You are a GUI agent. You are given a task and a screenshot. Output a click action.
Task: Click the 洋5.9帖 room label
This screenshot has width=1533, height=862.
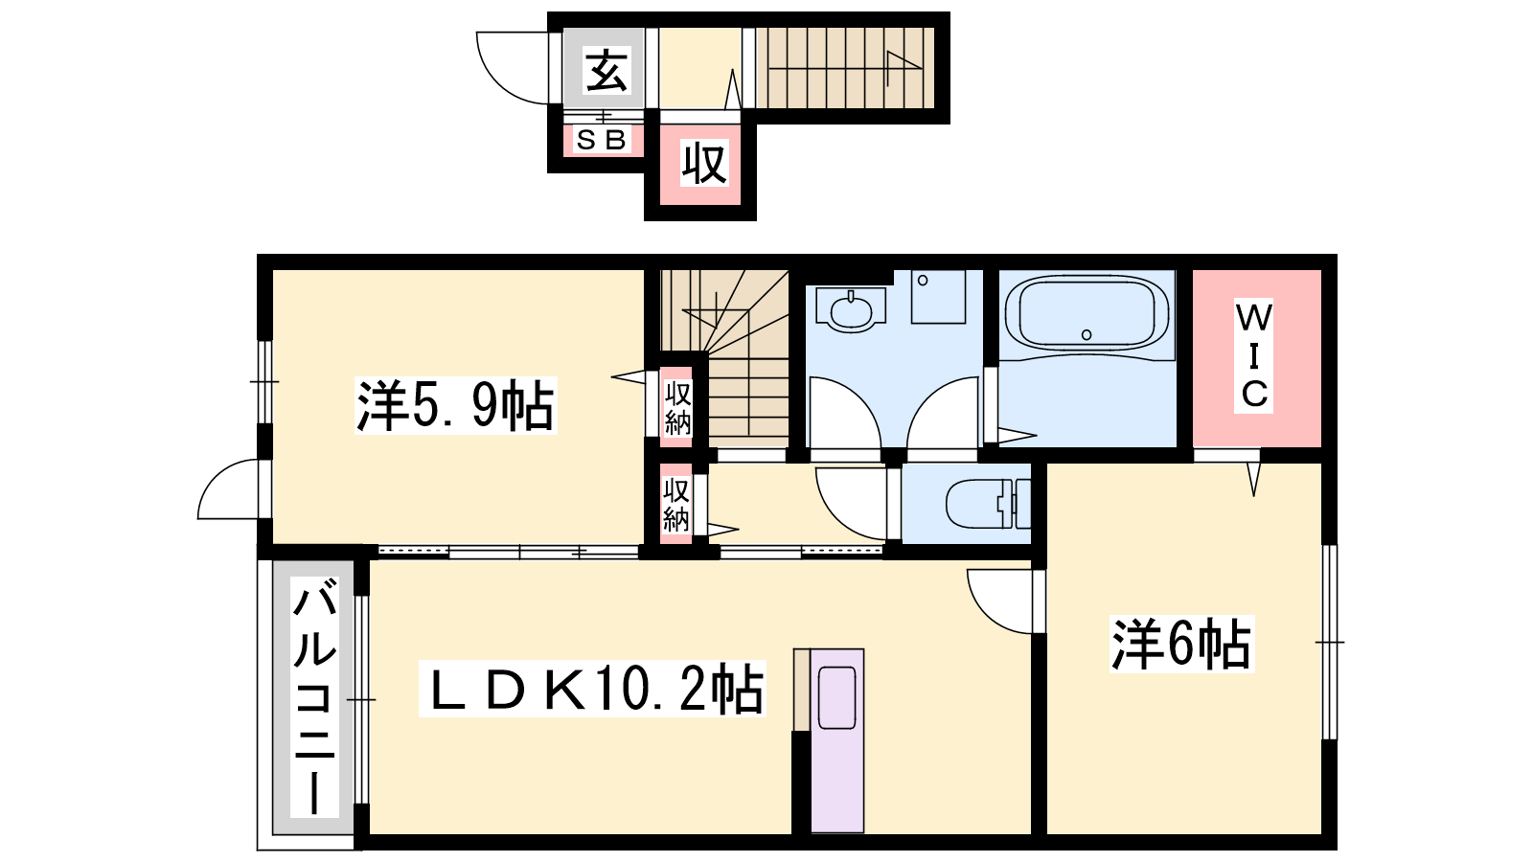click(x=455, y=405)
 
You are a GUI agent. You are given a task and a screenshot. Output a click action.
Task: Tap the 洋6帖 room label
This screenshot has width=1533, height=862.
click(x=1181, y=643)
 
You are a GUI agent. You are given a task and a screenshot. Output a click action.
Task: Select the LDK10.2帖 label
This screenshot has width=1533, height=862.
click(x=591, y=689)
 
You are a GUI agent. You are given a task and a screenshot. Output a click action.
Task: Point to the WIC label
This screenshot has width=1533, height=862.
click(x=1253, y=355)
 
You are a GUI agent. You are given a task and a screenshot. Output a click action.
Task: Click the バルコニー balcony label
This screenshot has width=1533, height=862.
click(x=314, y=696)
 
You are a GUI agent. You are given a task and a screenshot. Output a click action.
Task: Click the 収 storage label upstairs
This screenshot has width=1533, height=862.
click(x=703, y=163)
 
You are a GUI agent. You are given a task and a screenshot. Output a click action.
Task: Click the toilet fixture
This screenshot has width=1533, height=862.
click(x=988, y=504)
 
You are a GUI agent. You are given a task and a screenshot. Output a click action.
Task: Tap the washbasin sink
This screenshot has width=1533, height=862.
click(x=851, y=310)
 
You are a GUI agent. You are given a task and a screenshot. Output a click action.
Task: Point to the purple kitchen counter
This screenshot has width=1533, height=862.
click(x=836, y=740)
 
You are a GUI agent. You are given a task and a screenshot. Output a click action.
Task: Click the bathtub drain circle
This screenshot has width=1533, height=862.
click(x=1087, y=334)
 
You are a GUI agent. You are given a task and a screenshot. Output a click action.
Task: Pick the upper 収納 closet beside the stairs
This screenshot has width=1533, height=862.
click(x=676, y=408)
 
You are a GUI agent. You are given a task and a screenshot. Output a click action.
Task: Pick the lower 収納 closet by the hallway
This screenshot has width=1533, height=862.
click(x=675, y=505)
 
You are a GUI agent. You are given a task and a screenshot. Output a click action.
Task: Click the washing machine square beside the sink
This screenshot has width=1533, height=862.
click(x=938, y=296)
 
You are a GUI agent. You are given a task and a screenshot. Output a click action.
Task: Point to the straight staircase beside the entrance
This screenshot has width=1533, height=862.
click(x=845, y=68)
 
